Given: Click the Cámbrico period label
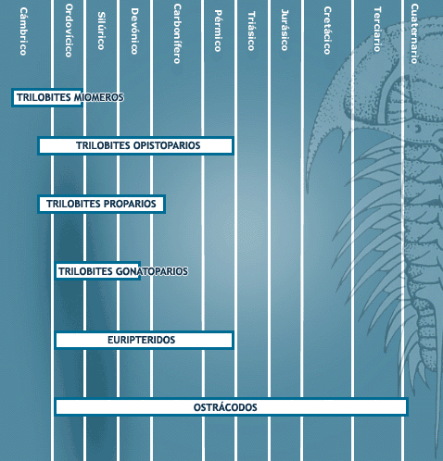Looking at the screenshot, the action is (x=23, y=31).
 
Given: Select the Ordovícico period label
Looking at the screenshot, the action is (x=69, y=31).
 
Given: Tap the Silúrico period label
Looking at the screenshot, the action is (x=102, y=31).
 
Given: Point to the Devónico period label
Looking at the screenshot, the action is (x=134, y=31).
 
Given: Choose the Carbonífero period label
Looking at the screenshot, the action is (x=177, y=33).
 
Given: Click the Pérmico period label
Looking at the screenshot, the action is (x=218, y=31).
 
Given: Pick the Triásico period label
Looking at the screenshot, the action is (x=251, y=31).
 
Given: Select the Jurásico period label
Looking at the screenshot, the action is (x=285, y=30).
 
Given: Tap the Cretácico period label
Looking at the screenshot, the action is (x=327, y=31).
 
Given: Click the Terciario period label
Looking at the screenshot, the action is (x=377, y=30).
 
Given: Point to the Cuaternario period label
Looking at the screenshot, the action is (x=414, y=33).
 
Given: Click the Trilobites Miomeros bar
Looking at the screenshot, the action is (x=47, y=97).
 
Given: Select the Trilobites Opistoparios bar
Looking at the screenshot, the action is (x=135, y=145).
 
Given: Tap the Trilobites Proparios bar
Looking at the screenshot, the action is (x=101, y=204).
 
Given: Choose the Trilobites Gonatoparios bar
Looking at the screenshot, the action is (x=97, y=271).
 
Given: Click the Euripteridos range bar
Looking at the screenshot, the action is (x=144, y=340).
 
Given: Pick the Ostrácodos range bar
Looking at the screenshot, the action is (x=231, y=407).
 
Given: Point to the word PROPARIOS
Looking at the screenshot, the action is (x=130, y=204).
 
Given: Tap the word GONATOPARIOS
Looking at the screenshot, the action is (x=152, y=271).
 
